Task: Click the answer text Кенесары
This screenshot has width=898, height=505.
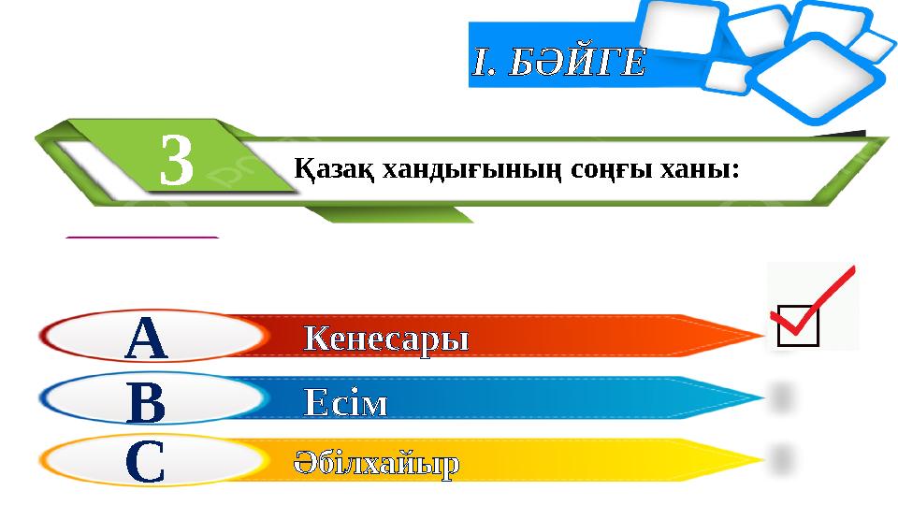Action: [386, 339]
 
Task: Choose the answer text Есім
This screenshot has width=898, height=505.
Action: [345, 403]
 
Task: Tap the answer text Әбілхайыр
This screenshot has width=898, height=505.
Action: [377, 464]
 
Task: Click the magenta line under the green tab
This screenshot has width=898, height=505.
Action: [142, 238]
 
